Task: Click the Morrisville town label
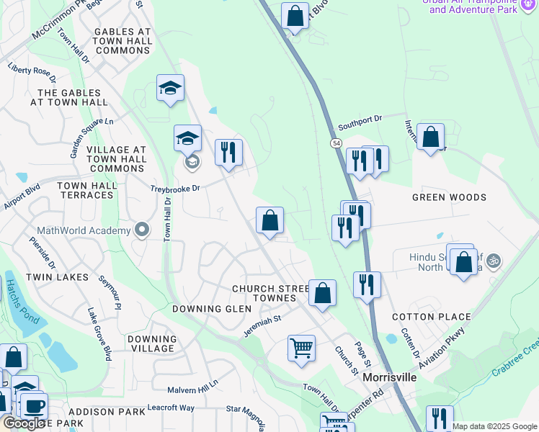pyautogui.click(x=390, y=377)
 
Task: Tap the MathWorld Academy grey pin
pyautogui.click(x=143, y=230)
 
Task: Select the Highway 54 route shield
pyautogui.click(x=337, y=144)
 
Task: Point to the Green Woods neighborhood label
pyautogui.click(x=449, y=197)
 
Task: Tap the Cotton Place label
pyautogui.click(x=431, y=317)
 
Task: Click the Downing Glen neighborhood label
pyautogui.click(x=212, y=309)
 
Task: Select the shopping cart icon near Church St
pyautogui.click(x=301, y=348)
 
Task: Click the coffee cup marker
pyautogui.click(x=33, y=405)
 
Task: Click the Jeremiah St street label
pyautogui.click(x=262, y=320)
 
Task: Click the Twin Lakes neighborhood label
pyautogui.click(x=57, y=277)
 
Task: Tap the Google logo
pyautogui.click(x=24, y=423)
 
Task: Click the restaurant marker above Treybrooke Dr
pyautogui.click(x=229, y=152)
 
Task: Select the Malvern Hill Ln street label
pyautogui.click(x=192, y=388)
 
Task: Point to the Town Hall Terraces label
pyautogui.click(x=87, y=191)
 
